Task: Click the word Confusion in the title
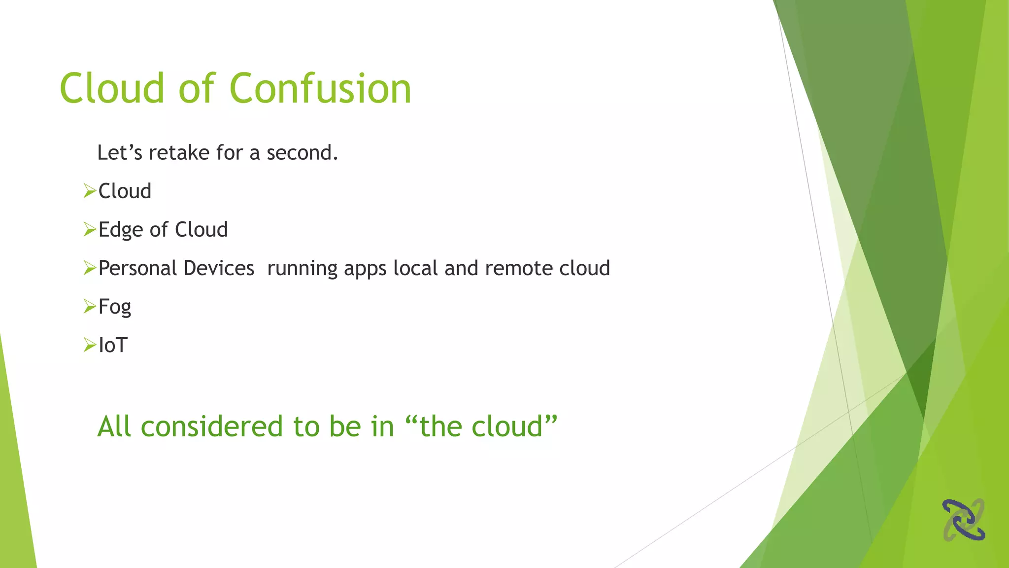[320, 89]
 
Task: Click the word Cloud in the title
[112, 89]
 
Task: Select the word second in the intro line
[302, 153]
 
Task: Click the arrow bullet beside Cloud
[89, 191]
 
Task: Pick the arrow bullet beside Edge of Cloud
[89, 229]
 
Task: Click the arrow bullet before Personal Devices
[89, 268]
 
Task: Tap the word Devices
[219, 268]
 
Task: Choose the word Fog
[115, 307]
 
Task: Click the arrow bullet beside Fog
[89, 306]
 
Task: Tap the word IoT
[113, 345]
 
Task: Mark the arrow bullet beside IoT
[89, 345]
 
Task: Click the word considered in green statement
[212, 426]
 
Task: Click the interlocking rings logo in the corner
[964, 520]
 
